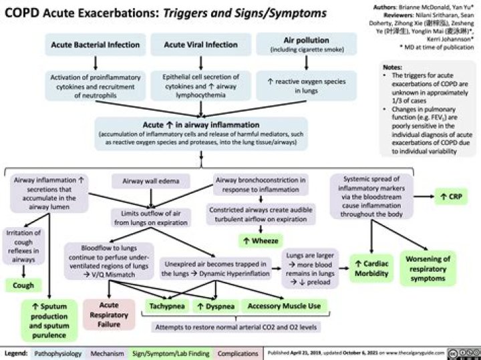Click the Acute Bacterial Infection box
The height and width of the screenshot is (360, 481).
tap(97, 45)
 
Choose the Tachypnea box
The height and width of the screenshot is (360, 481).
tap(167, 307)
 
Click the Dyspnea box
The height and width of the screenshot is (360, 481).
tap(214, 307)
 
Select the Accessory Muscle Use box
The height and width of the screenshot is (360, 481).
tap(284, 307)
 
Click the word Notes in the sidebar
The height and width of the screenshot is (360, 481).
tap(391, 67)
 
